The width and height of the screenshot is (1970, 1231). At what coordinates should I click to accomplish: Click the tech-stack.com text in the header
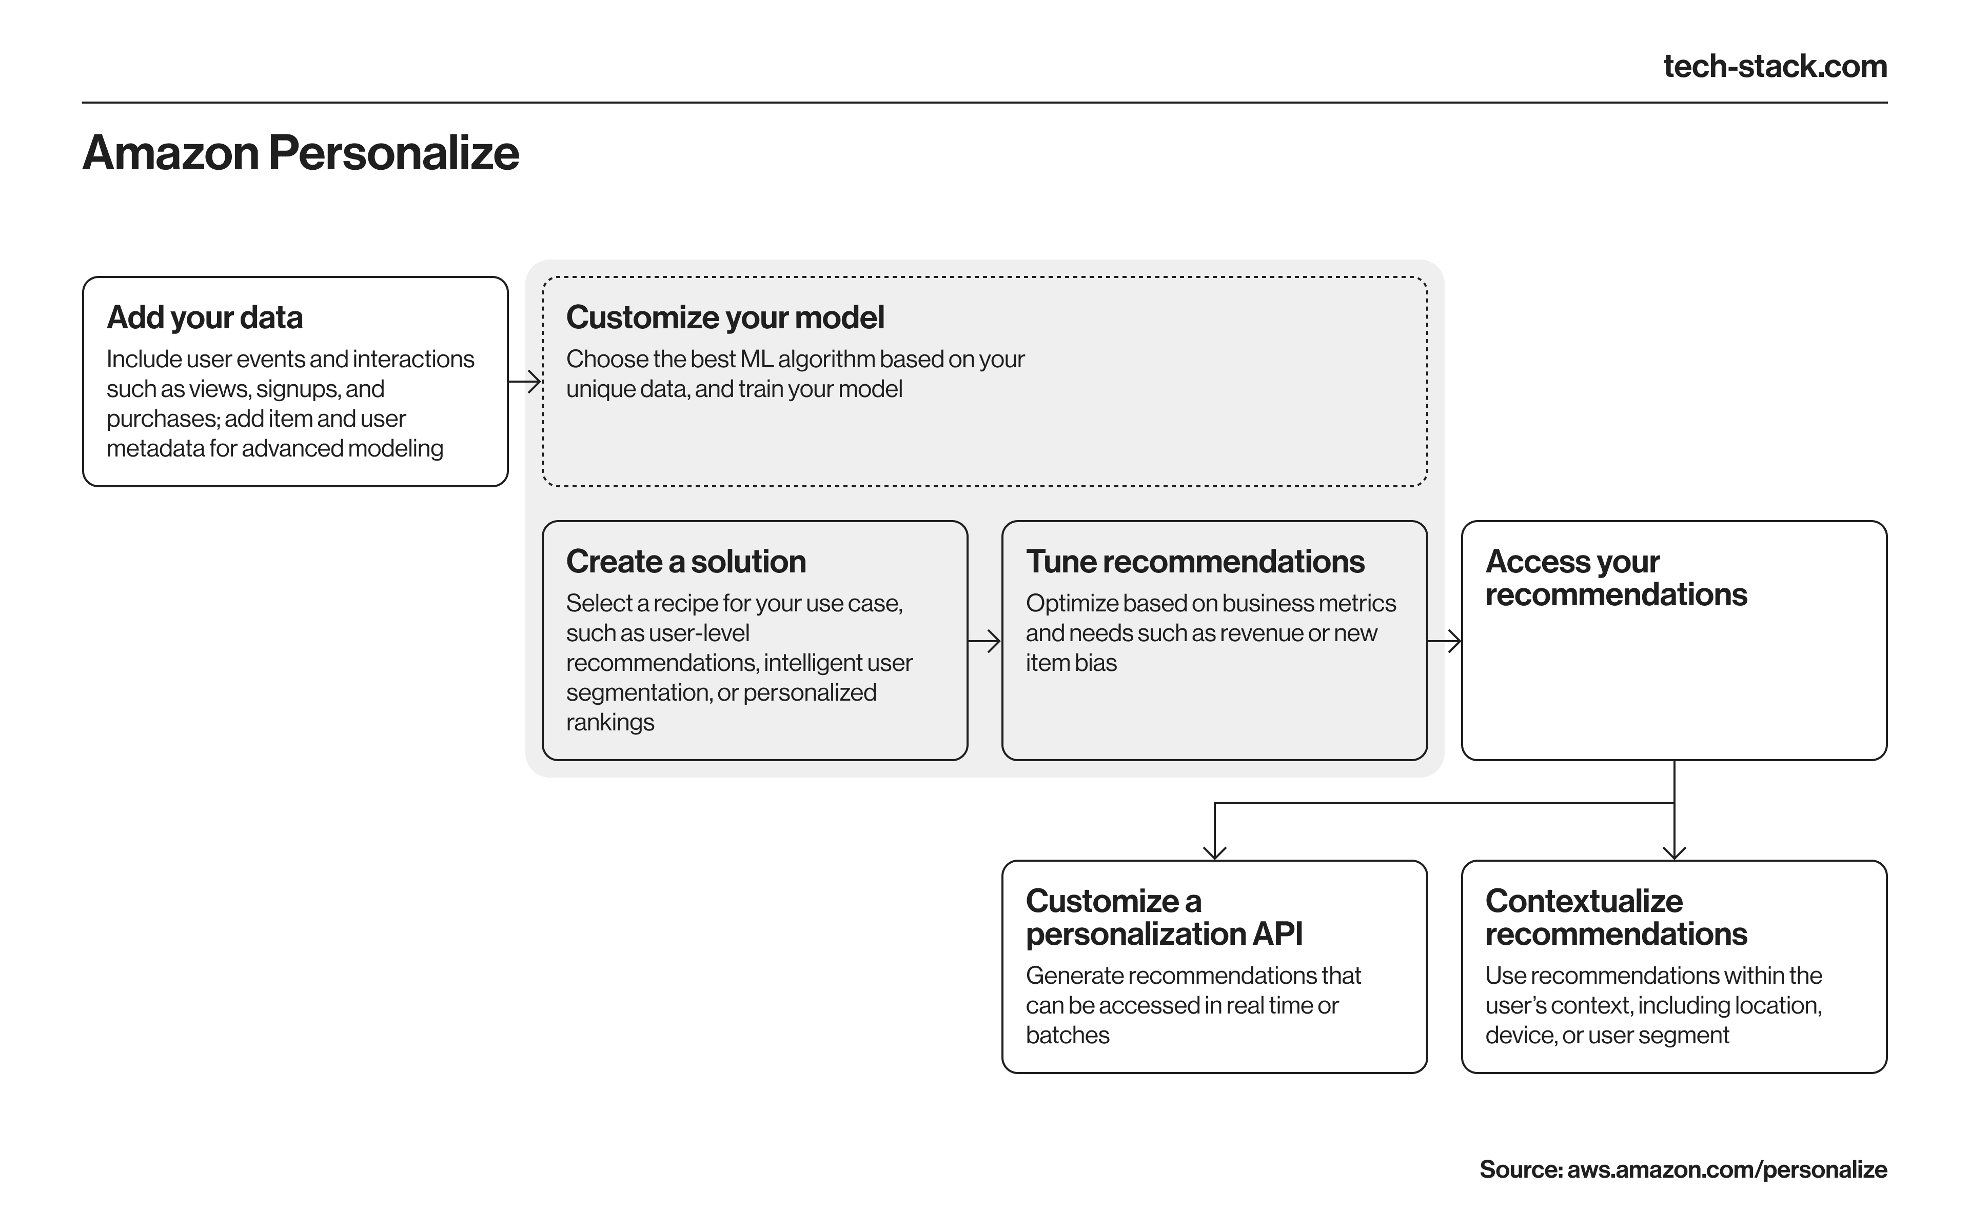(1775, 66)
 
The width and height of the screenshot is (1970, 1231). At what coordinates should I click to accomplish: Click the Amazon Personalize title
(301, 152)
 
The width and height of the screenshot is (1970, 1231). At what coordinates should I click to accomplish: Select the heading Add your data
(204, 317)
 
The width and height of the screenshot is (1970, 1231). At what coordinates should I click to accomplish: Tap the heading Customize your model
(724, 317)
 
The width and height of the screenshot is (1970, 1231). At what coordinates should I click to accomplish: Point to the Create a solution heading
(685, 562)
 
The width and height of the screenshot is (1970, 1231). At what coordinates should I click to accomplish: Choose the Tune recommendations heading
(1195, 562)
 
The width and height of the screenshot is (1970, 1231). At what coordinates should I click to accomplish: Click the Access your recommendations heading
(1616, 578)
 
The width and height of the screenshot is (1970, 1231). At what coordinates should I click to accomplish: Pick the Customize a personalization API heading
(1164, 918)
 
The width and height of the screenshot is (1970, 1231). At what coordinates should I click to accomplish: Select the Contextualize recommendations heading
(1616, 918)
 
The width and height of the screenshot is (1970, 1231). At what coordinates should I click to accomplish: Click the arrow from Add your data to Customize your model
(525, 381)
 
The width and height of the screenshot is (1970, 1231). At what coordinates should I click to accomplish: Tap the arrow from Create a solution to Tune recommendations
(984, 642)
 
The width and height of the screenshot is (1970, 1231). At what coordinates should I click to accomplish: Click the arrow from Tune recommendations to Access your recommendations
(1444, 642)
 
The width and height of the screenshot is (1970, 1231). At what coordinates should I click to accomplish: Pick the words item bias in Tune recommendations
(1071, 663)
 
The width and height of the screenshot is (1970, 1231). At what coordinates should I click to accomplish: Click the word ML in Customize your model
(756, 359)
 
